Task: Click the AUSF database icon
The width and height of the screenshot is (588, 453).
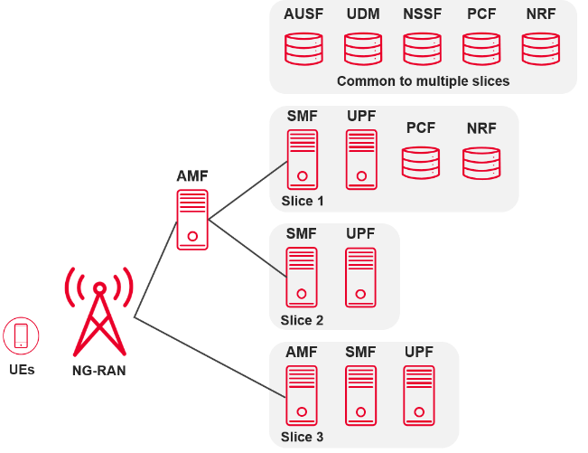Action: click(x=303, y=49)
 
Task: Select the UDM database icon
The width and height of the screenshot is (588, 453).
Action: click(x=362, y=49)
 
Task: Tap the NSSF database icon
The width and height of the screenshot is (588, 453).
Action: click(x=422, y=49)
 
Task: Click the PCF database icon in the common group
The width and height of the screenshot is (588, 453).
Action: click(x=481, y=49)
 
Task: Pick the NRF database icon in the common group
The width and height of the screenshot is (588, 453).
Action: click(x=541, y=49)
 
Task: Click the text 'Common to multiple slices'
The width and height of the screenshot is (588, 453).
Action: click(x=423, y=81)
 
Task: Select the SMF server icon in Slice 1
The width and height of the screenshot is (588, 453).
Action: click(x=302, y=159)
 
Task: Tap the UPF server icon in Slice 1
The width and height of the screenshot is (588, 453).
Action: click(x=361, y=159)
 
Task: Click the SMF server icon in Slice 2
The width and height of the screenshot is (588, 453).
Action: click(x=302, y=276)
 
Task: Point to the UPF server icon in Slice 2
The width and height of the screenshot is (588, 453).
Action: click(x=361, y=276)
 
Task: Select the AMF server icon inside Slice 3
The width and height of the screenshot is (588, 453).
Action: click(x=302, y=395)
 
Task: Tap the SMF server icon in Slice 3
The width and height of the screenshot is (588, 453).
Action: click(x=361, y=395)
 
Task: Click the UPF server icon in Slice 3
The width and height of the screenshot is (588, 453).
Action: click(x=421, y=395)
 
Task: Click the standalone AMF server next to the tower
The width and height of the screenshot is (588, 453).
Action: click(x=192, y=219)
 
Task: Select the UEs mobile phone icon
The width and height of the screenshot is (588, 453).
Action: click(x=21, y=336)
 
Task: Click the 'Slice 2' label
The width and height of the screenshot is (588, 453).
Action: click(x=302, y=320)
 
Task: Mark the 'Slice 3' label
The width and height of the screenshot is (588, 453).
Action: click(x=302, y=438)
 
